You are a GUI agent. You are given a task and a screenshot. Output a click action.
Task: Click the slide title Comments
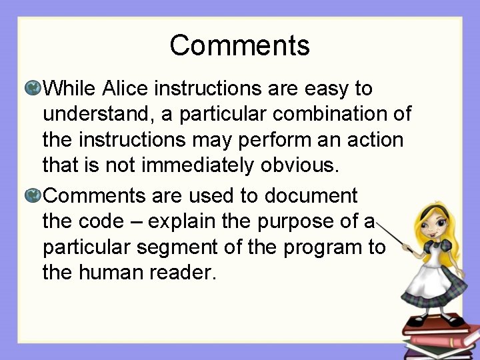pos(239,46)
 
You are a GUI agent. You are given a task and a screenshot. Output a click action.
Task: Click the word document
pos(311,196)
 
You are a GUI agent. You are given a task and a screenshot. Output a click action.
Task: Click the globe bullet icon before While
pos(33,88)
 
